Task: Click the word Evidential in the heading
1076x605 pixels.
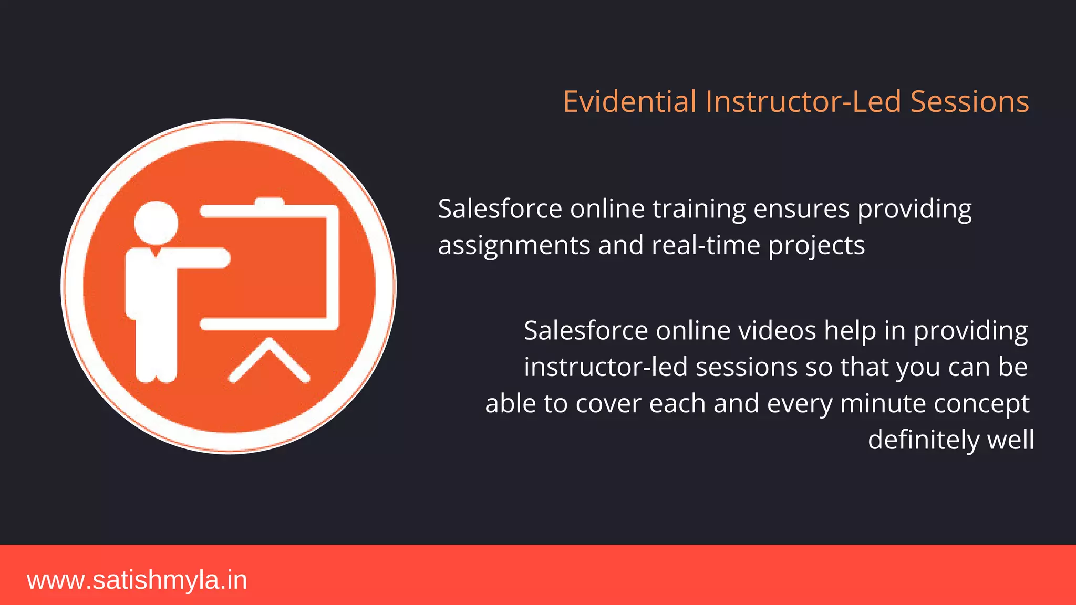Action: pyautogui.click(x=629, y=101)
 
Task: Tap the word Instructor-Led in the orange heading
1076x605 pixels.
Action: pyautogui.click(x=803, y=101)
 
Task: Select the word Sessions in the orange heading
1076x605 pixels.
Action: pyautogui.click(x=969, y=101)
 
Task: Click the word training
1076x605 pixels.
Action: pyautogui.click(x=699, y=210)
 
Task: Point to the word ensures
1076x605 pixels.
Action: pyautogui.click(x=801, y=210)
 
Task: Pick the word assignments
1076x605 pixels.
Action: pyautogui.click(x=514, y=246)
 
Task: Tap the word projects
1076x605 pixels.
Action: pyautogui.click(x=816, y=246)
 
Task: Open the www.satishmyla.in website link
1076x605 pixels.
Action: pyautogui.click(x=137, y=580)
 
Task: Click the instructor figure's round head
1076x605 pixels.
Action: pyautogui.click(x=156, y=223)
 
